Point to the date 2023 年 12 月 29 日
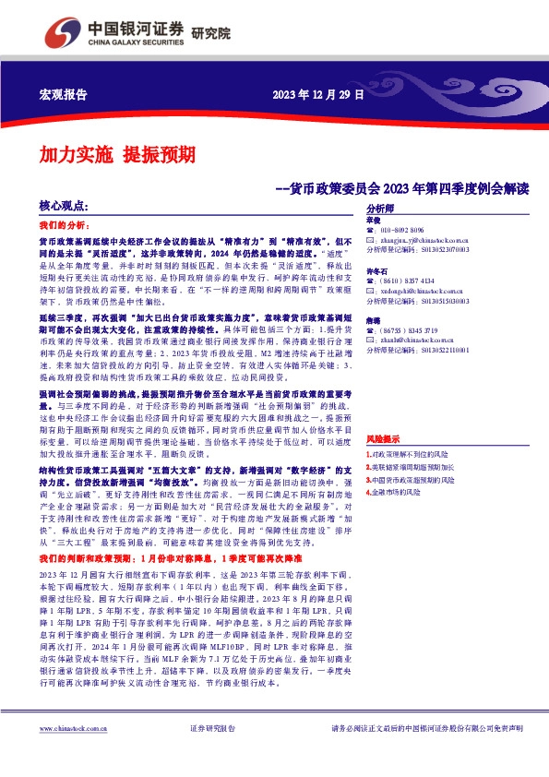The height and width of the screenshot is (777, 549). (318, 95)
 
